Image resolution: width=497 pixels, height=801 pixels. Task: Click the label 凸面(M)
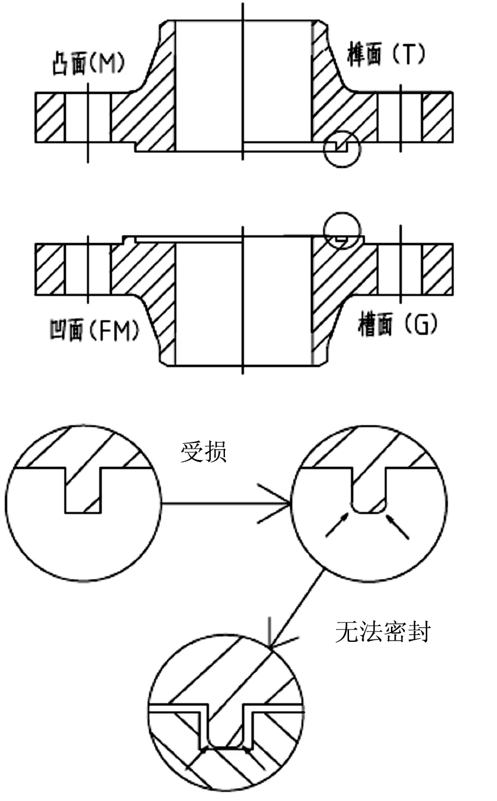point(88,64)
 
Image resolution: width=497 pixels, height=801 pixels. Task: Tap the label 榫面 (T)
point(386,54)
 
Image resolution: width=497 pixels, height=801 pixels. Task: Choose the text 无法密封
point(383,632)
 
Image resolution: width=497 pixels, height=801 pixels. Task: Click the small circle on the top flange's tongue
point(342,148)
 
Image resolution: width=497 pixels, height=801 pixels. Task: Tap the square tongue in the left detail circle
point(83,490)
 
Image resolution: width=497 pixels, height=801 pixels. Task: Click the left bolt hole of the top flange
point(87,117)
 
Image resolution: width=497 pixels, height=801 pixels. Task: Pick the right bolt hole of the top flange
point(400,117)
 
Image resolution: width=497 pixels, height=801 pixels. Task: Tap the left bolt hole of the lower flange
point(87,269)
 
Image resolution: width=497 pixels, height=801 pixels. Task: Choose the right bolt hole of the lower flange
point(400,269)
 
